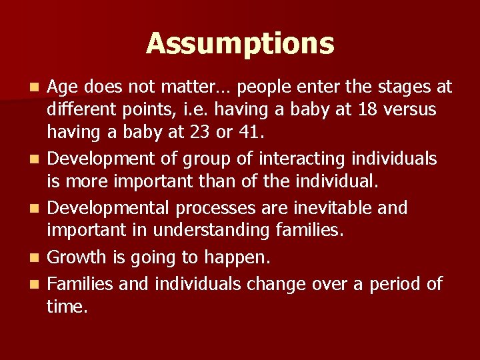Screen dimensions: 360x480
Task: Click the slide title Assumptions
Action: tap(240, 44)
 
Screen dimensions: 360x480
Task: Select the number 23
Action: tap(193, 132)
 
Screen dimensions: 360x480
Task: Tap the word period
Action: tap(388, 284)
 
